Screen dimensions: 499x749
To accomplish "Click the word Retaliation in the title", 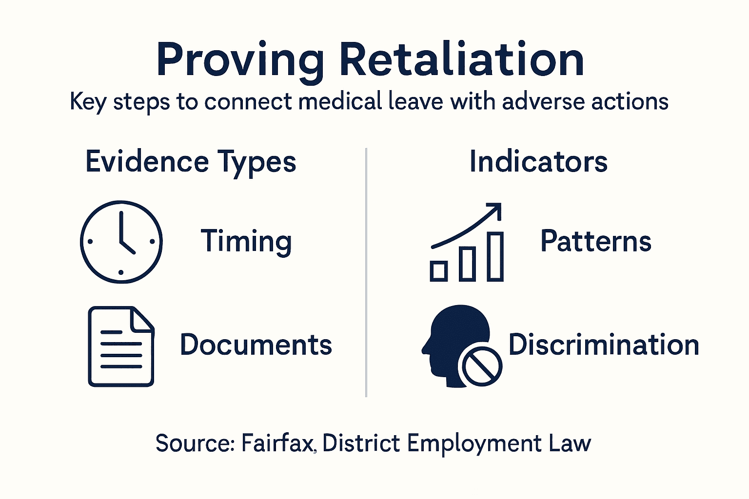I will [461, 60].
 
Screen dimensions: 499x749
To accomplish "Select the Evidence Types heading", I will [191, 162].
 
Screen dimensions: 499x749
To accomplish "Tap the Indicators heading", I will [538, 162].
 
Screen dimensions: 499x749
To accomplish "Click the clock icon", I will [121, 242].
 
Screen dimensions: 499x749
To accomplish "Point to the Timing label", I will [246, 242].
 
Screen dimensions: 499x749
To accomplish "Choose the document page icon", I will [120, 346].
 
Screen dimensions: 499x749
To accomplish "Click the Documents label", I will [256, 345].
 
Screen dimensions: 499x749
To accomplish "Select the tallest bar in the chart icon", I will [495, 256].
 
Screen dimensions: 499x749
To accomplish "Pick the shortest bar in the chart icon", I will [439, 271].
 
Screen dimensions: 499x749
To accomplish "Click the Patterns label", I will [596, 241].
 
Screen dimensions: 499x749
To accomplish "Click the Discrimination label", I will [604, 345].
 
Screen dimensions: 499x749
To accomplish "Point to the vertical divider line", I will [366, 273].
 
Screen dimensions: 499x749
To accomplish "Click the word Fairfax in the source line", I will [277, 443].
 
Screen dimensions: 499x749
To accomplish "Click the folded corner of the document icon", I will [142, 318].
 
